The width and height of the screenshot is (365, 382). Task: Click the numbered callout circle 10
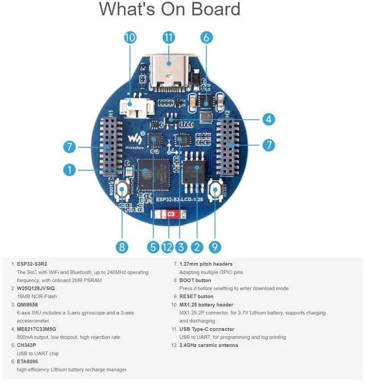[x=130, y=38]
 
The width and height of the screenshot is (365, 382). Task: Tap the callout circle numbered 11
[x=168, y=38]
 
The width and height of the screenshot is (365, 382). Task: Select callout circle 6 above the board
[x=207, y=38]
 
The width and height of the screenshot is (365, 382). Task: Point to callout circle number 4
[x=269, y=119]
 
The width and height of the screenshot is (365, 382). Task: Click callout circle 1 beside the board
[x=69, y=170]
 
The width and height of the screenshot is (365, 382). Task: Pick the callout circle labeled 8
[x=121, y=247]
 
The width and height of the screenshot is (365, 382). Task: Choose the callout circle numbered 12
[x=167, y=247]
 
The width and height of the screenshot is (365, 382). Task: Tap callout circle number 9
[x=214, y=247]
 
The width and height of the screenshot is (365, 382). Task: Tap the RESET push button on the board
[x=216, y=191]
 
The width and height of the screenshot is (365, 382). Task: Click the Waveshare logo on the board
[x=133, y=140]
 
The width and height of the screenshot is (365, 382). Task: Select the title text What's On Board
[x=169, y=10]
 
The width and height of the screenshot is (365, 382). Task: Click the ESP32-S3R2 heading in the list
[x=32, y=264]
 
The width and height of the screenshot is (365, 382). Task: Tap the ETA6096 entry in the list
[x=28, y=361]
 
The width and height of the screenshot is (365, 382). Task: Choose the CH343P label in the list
[x=27, y=345]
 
